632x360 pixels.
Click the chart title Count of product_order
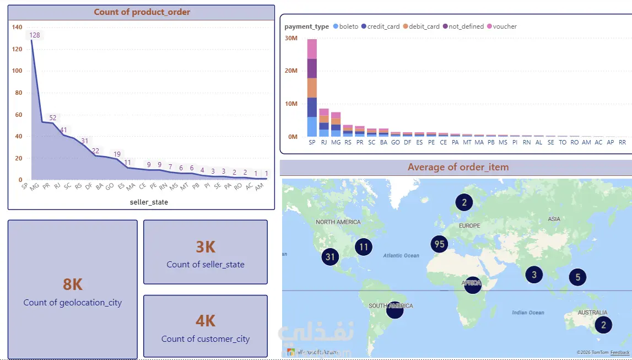tap(142, 12)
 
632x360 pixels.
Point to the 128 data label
tap(35, 35)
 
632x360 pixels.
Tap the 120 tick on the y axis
tap(17, 49)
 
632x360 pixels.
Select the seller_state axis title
tap(149, 202)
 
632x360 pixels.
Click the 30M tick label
tap(291, 38)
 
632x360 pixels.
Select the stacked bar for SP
tap(312, 88)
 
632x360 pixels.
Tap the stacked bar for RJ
tap(324, 122)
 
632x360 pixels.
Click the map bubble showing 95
tap(439, 244)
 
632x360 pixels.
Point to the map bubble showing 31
tap(330, 256)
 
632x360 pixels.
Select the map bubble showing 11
tap(363, 248)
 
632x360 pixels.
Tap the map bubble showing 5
tap(577, 277)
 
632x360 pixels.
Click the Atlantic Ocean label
tap(401, 256)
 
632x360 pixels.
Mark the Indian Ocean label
tap(528, 313)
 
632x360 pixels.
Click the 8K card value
tap(73, 284)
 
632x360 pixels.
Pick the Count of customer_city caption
tap(206, 339)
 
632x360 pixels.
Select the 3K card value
tap(206, 247)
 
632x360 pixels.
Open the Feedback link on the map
tap(619, 352)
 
